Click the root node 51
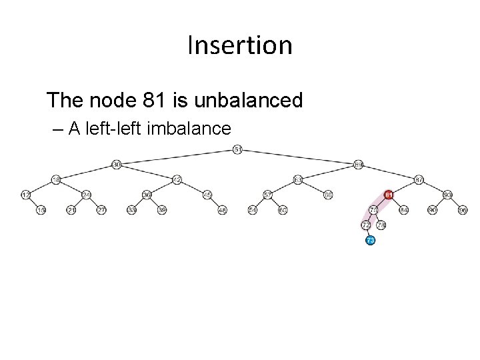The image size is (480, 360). pyautogui.click(x=238, y=149)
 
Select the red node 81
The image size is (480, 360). pyautogui.click(x=389, y=195)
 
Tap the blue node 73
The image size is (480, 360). pyautogui.click(x=371, y=240)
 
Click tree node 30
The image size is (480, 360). pyautogui.click(x=116, y=164)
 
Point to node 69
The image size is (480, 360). pyautogui.click(x=359, y=164)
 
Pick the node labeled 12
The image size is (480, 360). pyautogui.click(x=25, y=195)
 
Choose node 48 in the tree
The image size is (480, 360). pyautogui.click(x=223, y=210)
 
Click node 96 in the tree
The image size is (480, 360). pyautogui.click(x=463, y=210)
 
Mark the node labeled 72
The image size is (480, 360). pyautogui.click(x=365, y=225)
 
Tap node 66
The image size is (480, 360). pyautogui.click(x=328, y=195)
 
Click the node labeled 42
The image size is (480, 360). pyautogui.click(x=177, y=179)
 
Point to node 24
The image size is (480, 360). pyautogui.click(x=86, y=195)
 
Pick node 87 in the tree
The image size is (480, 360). pyautogui.click(x=419, y=179)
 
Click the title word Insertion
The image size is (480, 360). pyautogui.click(x=240, y=45)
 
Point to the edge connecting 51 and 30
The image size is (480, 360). pyautogui.click(x=177, y=157)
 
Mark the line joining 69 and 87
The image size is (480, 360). pyautogui.click(x=389, y=171)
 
